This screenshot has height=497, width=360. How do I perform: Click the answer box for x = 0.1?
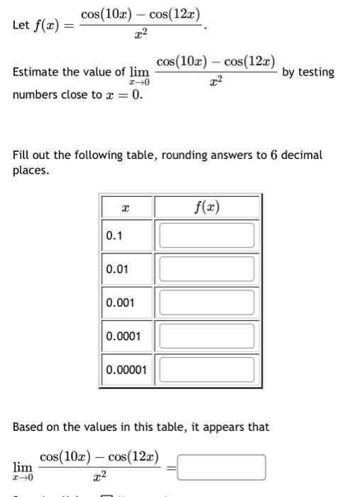(207, 235)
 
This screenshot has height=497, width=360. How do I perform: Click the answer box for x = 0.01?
(207, 268)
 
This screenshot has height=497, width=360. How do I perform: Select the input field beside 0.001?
(207, 302)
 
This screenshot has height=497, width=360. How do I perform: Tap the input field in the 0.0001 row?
(207, 335)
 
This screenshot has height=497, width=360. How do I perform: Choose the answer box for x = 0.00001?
(207, 369)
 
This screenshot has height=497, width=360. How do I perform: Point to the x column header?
(126, 207)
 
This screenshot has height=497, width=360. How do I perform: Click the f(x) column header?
(207, 207)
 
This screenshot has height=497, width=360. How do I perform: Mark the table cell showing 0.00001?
(126, 369)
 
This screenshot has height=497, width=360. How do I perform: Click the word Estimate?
(37, 72)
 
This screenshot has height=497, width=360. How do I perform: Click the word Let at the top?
(21, 26)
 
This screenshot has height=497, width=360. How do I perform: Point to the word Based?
(29, 427)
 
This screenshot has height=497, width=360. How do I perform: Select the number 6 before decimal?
(273, 155)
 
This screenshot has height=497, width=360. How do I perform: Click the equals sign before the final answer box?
(170, 467)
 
